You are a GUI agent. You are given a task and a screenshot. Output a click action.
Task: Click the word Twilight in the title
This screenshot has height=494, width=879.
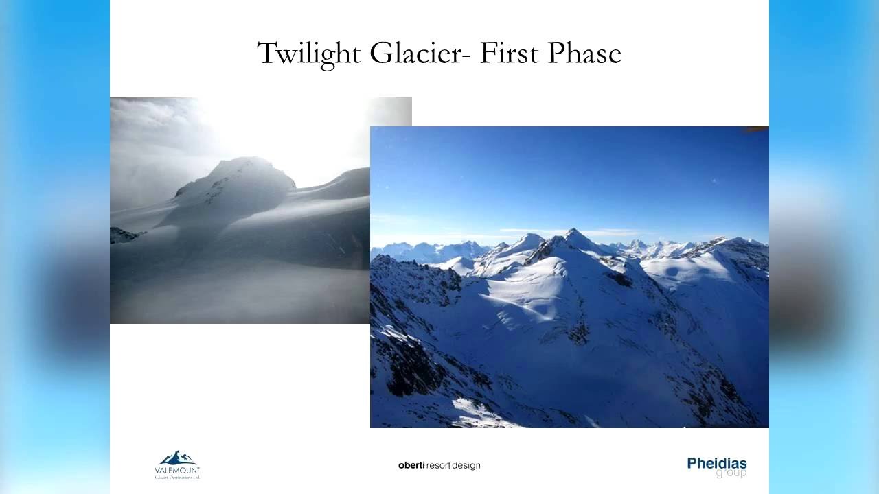coord(309,54)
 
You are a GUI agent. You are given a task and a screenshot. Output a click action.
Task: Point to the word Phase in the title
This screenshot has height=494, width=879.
coord(584,54)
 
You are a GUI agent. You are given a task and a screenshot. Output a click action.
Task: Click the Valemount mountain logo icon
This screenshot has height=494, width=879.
coord(177,458)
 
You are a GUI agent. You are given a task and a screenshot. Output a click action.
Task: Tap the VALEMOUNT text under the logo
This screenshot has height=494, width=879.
coord(177,469)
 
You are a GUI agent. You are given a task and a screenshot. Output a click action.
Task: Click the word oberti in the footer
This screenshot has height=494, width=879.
coord(411,465)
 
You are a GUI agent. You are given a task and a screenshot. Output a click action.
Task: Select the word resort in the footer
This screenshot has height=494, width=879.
coord(439,465)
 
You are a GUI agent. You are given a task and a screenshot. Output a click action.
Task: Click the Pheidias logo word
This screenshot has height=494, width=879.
coord(716,463)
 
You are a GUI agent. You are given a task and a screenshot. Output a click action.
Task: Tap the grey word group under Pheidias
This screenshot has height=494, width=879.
coord(731,473)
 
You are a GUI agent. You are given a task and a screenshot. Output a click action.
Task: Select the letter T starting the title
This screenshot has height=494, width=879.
coord(266,54)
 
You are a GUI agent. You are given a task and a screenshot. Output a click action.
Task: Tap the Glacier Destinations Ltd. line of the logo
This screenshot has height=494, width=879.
coord(177,476)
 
